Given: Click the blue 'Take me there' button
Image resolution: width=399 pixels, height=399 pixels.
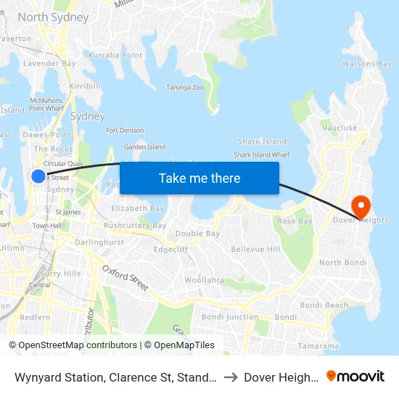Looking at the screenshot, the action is [199, 178].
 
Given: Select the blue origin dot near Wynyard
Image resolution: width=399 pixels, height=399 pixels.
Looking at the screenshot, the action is [38, 176].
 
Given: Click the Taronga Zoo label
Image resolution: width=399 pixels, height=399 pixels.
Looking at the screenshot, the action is [185, 87].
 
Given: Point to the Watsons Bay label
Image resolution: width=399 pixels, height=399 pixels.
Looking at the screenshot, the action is [367, 64].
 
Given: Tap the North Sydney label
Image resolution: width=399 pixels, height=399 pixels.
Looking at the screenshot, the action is [53, 17].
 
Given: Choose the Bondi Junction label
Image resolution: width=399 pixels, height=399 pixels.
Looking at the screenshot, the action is [229, 317].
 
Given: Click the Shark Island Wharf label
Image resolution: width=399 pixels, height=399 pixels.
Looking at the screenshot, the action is [262, 155].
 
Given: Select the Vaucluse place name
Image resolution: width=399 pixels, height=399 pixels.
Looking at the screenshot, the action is [340, 128].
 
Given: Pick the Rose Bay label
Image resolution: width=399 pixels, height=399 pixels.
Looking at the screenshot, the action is [295, 221].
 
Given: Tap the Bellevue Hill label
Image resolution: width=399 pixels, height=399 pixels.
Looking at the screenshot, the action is [255, 249].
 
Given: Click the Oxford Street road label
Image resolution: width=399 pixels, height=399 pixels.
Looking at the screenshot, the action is [125, 278].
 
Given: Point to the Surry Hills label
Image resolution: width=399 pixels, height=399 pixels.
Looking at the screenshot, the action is [61, 273].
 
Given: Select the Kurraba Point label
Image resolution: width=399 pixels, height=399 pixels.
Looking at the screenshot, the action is [115, 55].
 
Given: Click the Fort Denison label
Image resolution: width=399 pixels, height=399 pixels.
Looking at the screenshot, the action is [125, 131].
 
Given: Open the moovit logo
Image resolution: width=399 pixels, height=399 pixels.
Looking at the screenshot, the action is [355, 376].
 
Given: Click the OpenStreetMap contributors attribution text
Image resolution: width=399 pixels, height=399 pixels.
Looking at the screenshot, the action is [73, 345].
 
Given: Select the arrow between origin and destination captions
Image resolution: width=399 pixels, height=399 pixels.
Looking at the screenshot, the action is [229, 377].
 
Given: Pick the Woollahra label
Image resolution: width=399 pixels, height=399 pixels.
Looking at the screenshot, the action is [205, 279].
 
